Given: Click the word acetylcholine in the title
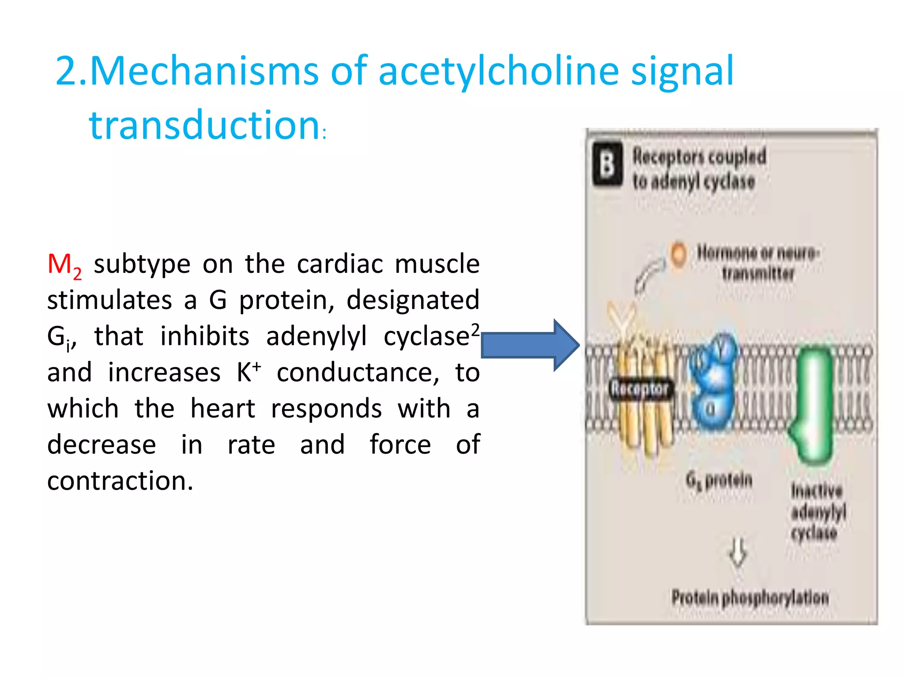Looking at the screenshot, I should pyautogui.click(x=499, y=72).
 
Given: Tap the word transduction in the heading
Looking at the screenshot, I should pyautogui.click(x=204, y=125).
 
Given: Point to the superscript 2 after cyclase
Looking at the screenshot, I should pyautogui.click(x=475, y=329).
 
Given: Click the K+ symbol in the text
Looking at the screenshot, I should pyautogui.click(x=249, y=372).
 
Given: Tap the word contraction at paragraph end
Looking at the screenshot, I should pyautogui.click(x=120, y=481).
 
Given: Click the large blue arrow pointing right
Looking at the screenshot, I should pyautogui.click(x=529, y=345).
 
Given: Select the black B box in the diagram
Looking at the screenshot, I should pyautogui.click(x=607, y=164).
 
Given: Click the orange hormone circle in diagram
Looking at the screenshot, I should pyautogui.click(x=678, y=254).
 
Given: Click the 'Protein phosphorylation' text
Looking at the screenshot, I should pyautogui.click(x=750, y=598).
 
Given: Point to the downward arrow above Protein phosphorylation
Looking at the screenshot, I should pyautogui.click(x=738, y=552).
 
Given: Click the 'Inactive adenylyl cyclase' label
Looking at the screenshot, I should pyautogui.click(x=818, y=512).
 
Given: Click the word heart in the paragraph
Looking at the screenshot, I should pyautogui.click(x=223, y=408).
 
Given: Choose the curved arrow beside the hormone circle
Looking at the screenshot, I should pyautogui.click(x=648, y=276).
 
